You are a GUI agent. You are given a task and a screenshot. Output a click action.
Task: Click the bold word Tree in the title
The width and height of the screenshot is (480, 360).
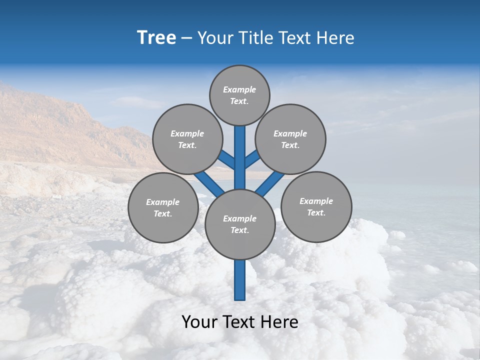pos(156,37)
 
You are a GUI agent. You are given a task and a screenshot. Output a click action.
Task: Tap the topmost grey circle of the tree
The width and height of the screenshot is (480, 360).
pos(239,95)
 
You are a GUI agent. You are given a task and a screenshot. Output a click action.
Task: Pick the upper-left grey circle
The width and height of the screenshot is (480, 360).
pos(187,139)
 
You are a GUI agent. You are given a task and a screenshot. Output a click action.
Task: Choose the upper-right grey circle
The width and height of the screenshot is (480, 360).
pos(290,139)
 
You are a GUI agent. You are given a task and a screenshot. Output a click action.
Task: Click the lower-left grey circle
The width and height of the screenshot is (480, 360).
pos(162,207)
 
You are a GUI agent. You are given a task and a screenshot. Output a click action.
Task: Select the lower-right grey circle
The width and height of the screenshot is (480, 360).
pos(316,206)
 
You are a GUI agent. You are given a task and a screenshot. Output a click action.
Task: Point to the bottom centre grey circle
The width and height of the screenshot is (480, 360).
pos(240,224)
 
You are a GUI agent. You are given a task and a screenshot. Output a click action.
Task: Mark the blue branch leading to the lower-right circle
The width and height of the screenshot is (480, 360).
pos(270,184)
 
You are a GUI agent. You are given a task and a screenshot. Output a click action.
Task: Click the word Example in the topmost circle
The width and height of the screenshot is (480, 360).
pos(239,90)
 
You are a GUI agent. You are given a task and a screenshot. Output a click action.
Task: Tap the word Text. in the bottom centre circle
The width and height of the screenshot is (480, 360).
pos(239,230)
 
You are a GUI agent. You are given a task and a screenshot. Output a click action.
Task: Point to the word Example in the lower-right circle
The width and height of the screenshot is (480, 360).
pos(316,201)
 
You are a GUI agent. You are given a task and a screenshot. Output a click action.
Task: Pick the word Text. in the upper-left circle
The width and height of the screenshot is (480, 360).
pos(187,145)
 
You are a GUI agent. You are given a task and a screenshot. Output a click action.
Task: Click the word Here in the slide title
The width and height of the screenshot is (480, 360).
pos(338,37)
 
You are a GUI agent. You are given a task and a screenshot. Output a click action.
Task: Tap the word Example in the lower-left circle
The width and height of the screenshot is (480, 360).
pos(162,202)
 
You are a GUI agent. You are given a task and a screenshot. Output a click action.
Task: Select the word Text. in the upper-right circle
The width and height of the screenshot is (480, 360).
pos(290,145)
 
